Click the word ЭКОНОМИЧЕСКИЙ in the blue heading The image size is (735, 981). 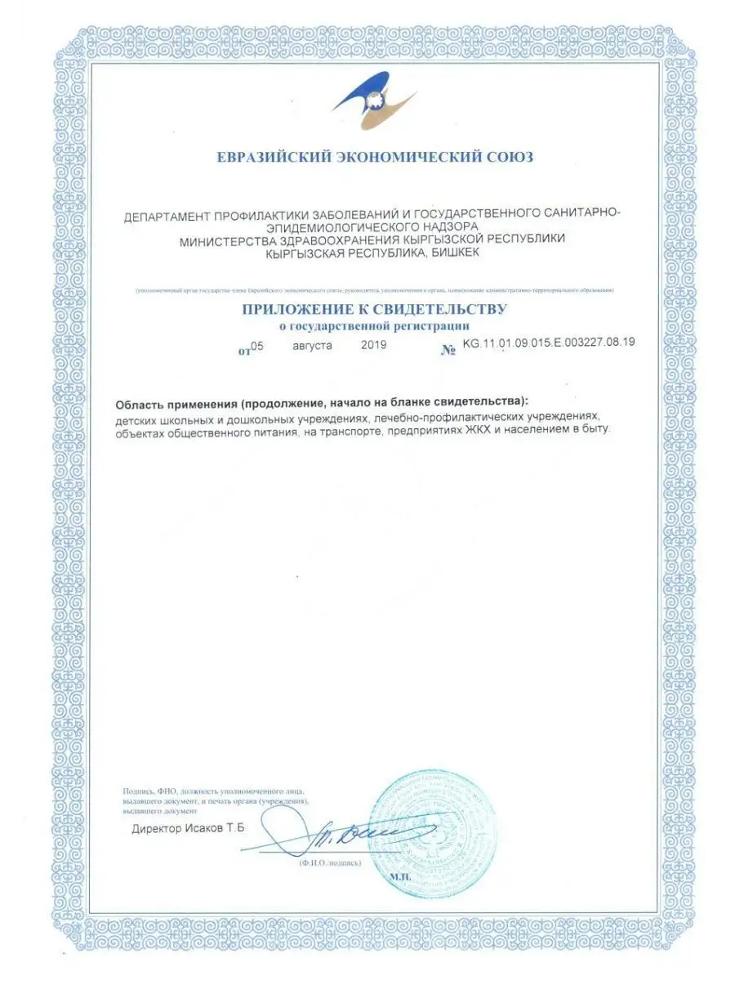pos(405,156)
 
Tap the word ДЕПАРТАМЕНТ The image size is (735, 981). pos(167,217)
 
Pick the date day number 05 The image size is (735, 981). pos(257,346)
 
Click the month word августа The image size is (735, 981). pos(312,346)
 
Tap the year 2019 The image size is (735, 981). pos(373,346)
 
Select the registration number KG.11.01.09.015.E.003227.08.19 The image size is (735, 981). pos(548,343)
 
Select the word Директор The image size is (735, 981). pos(156,829)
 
